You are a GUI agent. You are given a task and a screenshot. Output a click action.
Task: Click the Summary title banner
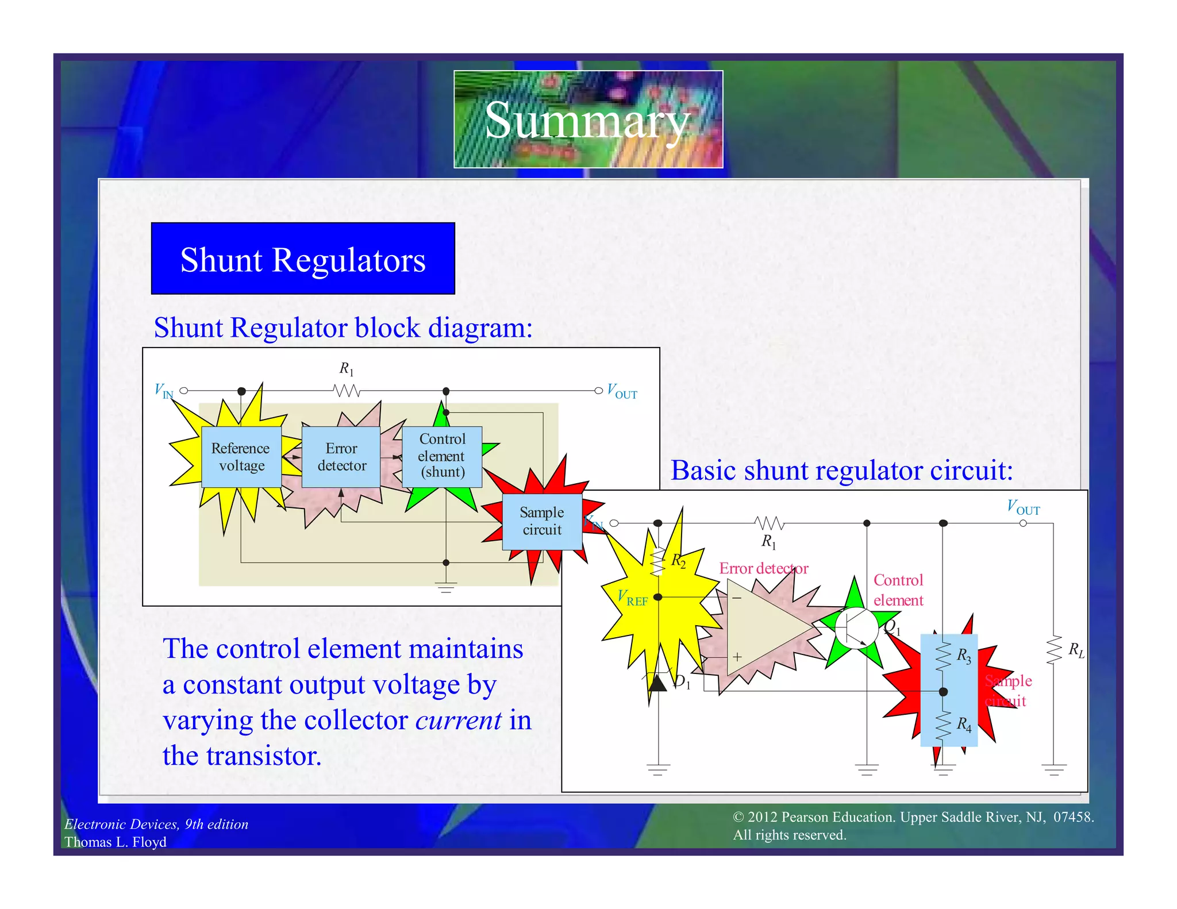click(x=588, y=119)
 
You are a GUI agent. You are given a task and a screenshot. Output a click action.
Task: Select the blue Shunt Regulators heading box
click(x=303, y=259)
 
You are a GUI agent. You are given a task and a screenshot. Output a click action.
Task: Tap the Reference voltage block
click(x=241, y=457)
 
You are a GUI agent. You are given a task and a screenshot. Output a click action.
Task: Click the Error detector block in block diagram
click(x=341, y=457)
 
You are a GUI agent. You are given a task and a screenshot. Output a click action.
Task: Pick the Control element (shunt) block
click(x=442, y=456)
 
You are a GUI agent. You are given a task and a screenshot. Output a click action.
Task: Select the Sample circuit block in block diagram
click(x=542, y=521)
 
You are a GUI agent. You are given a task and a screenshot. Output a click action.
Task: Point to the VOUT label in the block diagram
click(x=622, y=391)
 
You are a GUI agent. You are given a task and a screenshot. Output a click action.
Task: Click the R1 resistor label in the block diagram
click(x=347, y=369)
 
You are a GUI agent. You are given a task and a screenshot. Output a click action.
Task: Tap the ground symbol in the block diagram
click(x=446, y=587)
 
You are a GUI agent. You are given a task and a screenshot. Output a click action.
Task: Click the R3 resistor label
click(x=964, y=656)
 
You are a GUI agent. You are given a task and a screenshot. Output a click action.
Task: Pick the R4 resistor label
click(x=964, y=725)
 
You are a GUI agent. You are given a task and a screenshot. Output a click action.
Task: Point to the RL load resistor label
click(x=1076, y=650)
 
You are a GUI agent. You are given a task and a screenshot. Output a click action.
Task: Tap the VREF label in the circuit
click(x=632, y=598)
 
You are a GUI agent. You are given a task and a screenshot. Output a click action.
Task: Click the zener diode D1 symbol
click(x=657, y=683)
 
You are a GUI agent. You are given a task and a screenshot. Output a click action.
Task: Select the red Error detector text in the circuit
click(x=763, y=569)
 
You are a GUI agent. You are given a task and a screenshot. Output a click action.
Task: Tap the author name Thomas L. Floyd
click(x=116, y=842)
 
